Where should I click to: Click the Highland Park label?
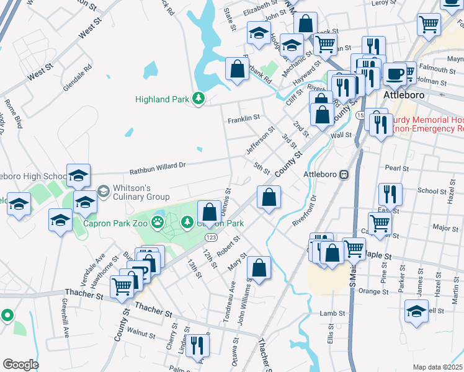(x=163, y=99)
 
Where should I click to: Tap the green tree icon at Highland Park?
(x=199, y=99)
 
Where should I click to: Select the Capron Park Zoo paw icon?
(x=159, y=221)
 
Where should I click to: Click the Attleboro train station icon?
(x=343, y=174)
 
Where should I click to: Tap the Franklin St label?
(x=243, y=118)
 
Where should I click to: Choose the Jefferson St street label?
(x=260, y=141)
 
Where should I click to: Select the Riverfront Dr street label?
(x=305, y=210)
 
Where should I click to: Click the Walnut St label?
(x=140, y=334)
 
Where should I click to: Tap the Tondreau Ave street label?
(x=230, y=303)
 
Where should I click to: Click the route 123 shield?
(x=212, y=238)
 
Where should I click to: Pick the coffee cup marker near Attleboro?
(x=395, y=75)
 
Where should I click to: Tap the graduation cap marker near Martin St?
(x=416, y=311)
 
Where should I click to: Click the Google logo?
(x=20, y=365)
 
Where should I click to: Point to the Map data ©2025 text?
(x=437, y=367)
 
